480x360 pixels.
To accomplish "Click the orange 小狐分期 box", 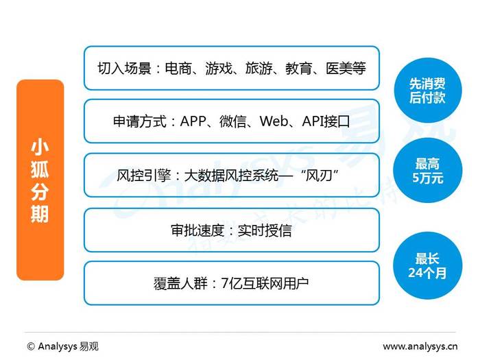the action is point(40,180).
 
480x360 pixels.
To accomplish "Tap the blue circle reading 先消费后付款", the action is point(427,91).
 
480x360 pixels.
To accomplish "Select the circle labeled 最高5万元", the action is point(428,171).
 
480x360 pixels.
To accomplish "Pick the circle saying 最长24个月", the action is point(428,265).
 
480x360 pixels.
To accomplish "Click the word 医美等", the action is point(346,68).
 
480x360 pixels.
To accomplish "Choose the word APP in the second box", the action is point(193,121).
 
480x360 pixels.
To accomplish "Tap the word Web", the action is point(274,121).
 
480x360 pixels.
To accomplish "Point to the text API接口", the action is point(326,121).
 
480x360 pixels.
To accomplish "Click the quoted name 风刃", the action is point(320,176).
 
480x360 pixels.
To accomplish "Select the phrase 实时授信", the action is point(265,230).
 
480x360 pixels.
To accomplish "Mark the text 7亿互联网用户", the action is point(265,283).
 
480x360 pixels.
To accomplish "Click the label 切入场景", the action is point(124,68).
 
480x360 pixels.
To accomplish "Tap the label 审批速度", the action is point(197,230).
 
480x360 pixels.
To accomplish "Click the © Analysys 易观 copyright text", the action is point(63,346).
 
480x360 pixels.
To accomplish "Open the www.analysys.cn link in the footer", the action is point(420,346).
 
